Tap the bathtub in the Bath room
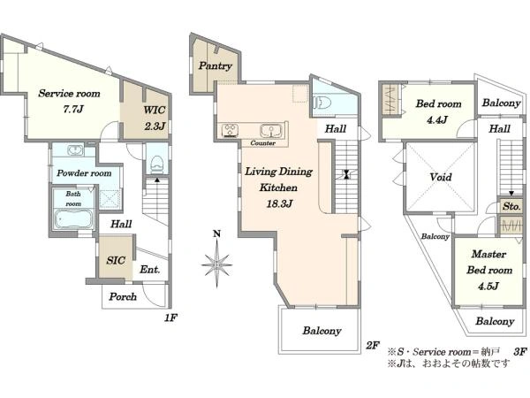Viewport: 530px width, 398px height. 73,219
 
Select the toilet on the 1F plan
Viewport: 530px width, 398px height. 156,165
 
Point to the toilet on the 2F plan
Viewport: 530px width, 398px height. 322,103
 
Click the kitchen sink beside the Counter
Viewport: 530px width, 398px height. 271,130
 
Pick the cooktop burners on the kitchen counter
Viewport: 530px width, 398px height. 230,131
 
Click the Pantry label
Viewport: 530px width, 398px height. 215,65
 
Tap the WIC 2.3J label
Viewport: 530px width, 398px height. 155,119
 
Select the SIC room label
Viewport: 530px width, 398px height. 116,260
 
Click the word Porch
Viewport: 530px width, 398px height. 123,297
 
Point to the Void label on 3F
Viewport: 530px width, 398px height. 441,177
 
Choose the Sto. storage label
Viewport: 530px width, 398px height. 511,206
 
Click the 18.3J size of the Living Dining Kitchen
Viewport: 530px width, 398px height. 279,203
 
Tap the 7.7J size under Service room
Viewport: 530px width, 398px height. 73,109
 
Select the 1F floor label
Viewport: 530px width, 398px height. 170,318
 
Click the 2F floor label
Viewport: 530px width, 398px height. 373,345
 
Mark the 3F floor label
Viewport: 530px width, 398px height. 520,352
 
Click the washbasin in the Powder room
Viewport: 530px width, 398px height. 75,150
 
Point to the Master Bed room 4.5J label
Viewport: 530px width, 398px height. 488,270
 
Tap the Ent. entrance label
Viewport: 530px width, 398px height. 150,270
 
